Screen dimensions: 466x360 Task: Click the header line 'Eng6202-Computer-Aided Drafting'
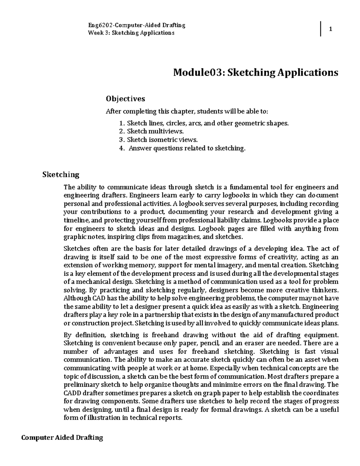point(136,25)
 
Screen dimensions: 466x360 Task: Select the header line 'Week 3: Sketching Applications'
point(131,33)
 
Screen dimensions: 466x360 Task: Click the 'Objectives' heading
point(125,99)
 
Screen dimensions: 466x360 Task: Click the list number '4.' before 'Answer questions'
point(121,148)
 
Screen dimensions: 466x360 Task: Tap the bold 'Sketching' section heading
point(61,175)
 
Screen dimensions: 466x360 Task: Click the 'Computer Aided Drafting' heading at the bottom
point(62,438)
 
